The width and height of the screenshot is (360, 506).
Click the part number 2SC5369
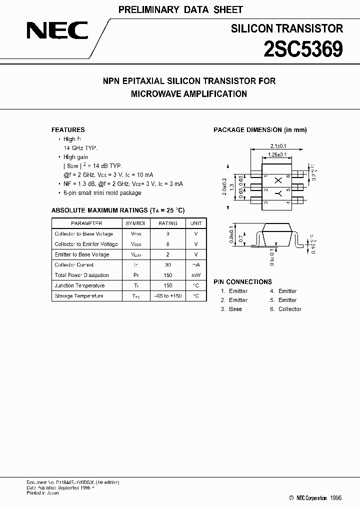303,49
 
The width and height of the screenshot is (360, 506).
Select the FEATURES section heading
68,129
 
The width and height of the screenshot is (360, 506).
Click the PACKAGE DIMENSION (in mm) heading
260,130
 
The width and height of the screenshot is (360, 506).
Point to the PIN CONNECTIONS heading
242,281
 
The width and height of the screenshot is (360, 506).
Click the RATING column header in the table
168,223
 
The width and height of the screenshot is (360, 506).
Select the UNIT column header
196,223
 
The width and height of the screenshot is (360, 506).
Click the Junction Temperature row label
79,285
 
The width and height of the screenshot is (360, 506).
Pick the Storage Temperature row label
79,296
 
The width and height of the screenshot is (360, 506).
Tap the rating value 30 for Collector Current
168,265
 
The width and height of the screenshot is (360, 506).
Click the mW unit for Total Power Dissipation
196,275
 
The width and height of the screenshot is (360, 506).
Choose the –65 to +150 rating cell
168,296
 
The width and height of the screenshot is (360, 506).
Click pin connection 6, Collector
286,309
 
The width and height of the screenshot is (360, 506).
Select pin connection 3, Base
231,309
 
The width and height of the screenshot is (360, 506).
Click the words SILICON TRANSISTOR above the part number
286,29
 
